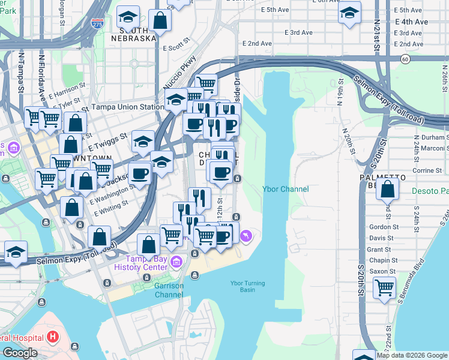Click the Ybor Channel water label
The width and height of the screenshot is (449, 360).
pyautogui.click(x=286, y=189)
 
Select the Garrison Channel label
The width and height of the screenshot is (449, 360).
pyautogui.click(x=169, y=290)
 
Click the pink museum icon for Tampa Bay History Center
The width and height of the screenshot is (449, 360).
pyautogui.click(x=176, y=262)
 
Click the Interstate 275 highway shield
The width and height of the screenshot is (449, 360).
pyautogui.click(x=97, y=23)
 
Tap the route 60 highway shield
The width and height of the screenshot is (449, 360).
pyautogui.click(x=406, y=58)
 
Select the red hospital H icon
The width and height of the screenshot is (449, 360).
pyautogui.click(x=52, y=337)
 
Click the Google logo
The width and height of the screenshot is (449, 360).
pyautogui.click(x=19, y=353)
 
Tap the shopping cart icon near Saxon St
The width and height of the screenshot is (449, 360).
pyautogui.click(x=384, y=287)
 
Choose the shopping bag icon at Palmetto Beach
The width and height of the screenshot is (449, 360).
pyautogui.click(x=388, y=188)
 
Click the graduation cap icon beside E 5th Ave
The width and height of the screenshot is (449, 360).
pyautogui.click(x=350, y=14)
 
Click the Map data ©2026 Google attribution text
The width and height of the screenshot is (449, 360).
pyautogui.click(x=412, y=355)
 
